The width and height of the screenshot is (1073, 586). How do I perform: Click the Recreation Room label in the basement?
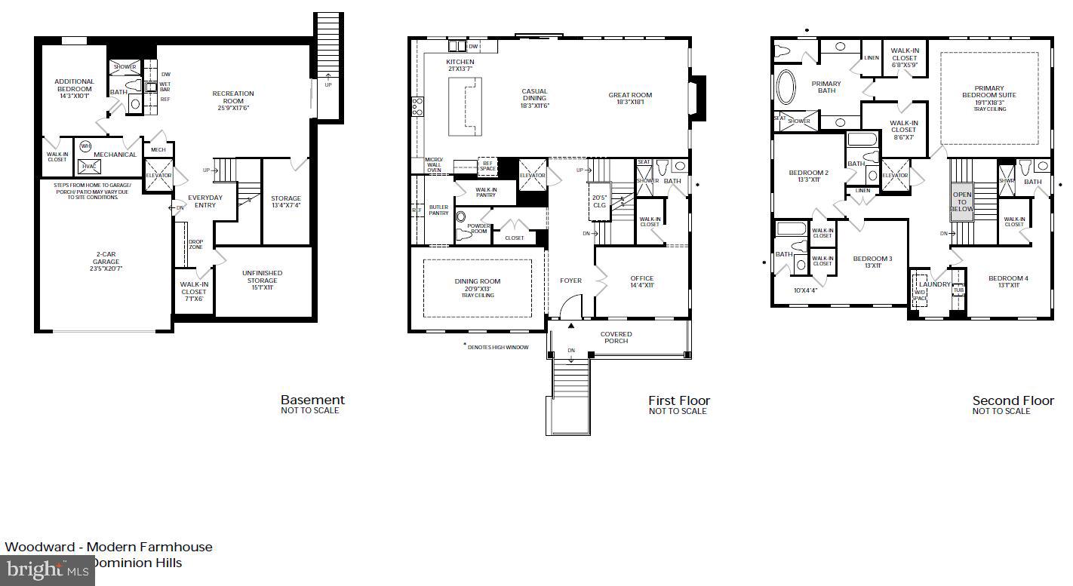tap(233, 97)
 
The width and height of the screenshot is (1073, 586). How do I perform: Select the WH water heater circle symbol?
tap(85, 146)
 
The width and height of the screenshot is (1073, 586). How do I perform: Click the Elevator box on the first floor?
tap(532, 175)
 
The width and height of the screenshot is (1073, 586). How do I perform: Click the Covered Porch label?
tap(616, 337)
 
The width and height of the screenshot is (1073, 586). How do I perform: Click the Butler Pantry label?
tap(438, 210)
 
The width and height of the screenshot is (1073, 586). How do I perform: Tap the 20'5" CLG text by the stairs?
tap(599, 201)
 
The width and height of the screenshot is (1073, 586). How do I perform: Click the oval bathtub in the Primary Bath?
tap(786, 87)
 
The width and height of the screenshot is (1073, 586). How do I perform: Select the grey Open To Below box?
tap(961, 202)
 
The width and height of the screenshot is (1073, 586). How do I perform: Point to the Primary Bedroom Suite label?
tap(988, 94)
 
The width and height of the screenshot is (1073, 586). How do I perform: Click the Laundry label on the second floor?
tap(934, 284)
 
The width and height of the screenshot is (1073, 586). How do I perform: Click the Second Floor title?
tap(1013, 400)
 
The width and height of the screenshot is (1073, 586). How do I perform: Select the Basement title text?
tap(312, 400)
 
